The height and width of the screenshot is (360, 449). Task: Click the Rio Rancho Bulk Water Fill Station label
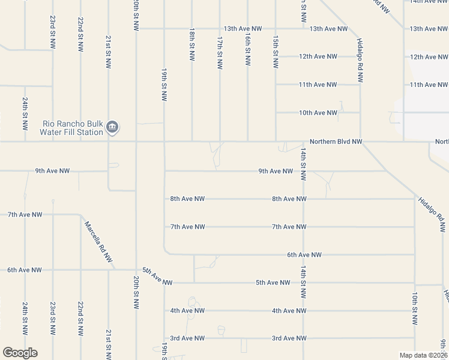(73, 128)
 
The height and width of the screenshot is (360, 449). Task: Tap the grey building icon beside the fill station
(112, 127)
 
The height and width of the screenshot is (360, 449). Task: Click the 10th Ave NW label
(318, 113)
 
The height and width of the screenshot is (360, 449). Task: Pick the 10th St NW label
(414, 306)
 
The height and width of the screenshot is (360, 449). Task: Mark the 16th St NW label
(247, 49)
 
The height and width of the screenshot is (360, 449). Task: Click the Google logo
(20, 353)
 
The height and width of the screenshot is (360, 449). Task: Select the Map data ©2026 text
(423, 355)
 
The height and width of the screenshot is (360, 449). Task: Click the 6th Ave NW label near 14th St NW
(304, 254)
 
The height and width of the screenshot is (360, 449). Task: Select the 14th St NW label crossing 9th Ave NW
(304, 164)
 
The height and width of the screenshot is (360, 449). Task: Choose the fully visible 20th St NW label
(136, 292)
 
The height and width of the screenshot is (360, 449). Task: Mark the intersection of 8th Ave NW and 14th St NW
(303, 199)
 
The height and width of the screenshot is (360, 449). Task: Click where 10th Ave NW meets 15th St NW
(276, 113)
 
